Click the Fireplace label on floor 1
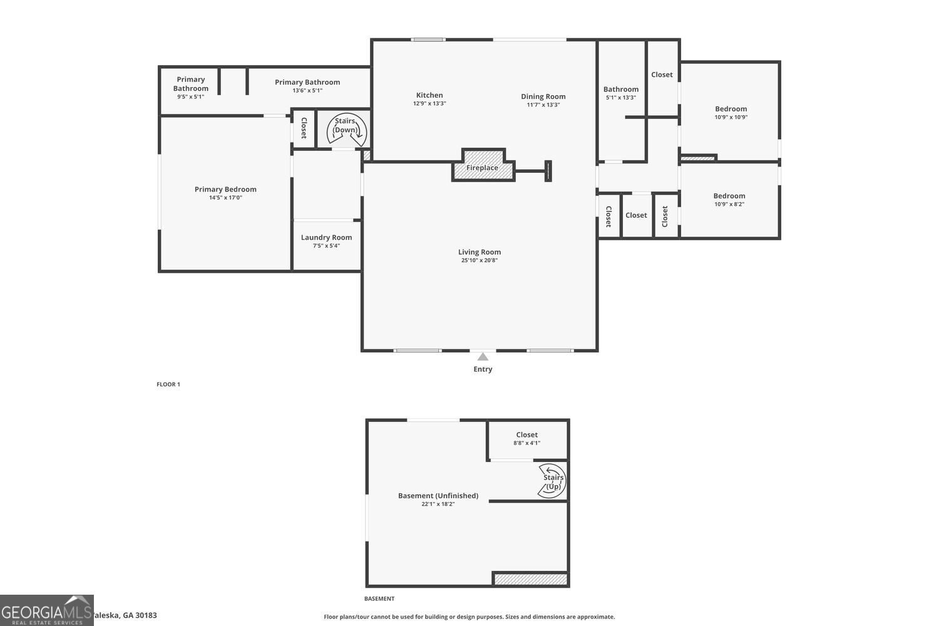(482, 168)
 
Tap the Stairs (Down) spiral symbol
(346, 130)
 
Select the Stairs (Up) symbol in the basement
(552, 481)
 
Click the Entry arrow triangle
(483, 357)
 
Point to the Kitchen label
(429, 95)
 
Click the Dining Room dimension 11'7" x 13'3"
(543, 105)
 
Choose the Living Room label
(480, 252)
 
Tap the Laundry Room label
(326, 237)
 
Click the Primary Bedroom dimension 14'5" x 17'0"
(225, 198)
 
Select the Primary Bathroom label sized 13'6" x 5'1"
(307, 82)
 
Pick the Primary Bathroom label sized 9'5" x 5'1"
(191, 84)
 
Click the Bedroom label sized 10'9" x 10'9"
(731, 109)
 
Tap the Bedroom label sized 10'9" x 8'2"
(729, 196)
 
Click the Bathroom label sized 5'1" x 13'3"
(621, 90)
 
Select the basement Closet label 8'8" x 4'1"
(526, 434)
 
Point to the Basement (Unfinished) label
(438, 495)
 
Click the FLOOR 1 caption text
(168, 384)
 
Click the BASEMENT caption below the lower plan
(379, 598)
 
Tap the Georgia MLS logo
(47, 610)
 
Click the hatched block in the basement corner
(530, 579)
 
